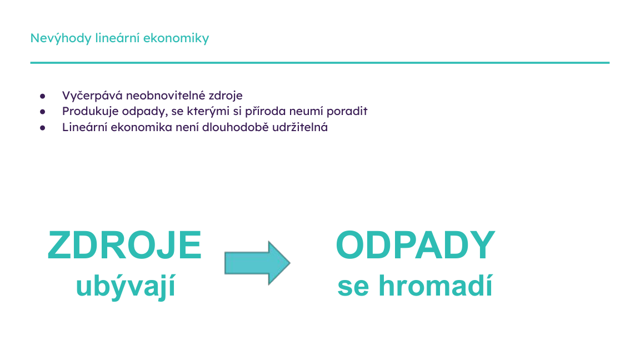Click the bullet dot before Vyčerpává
click(42, 96)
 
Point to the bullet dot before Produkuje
click(42, 112)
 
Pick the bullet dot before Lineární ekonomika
click(42, 128)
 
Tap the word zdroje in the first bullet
click(227, 96)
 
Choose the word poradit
click(348, 111)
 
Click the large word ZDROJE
click(124, 246)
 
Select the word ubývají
click(126, 287)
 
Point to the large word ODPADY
click(415, 246)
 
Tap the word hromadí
click(436, 287)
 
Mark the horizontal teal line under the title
click(320, 63)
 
